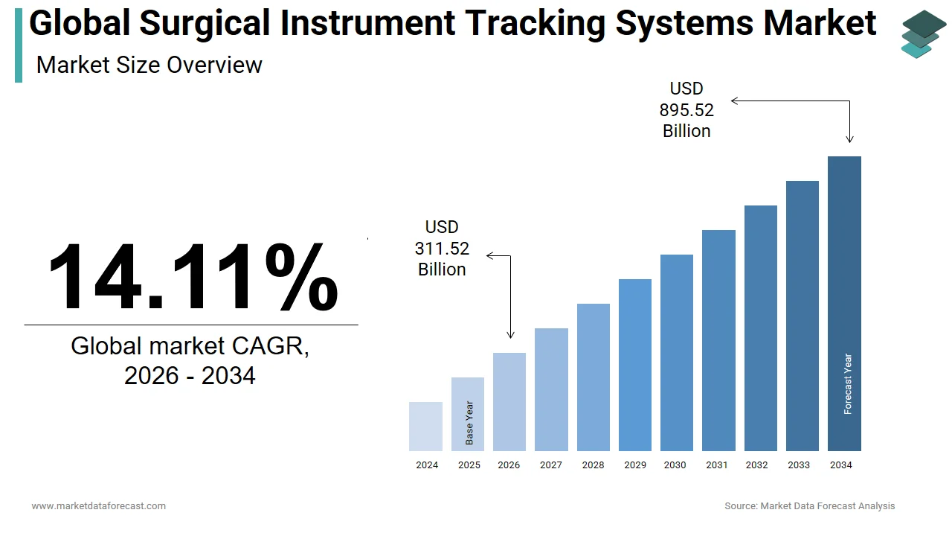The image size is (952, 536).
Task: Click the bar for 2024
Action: point(425,427)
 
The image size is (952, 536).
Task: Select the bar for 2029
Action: point(634,365)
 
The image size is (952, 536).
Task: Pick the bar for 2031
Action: point(718,340)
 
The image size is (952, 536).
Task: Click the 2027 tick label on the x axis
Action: point(551,465)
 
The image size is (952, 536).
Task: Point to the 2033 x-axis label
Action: point(799,465)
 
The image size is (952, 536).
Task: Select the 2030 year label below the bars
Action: point(675,465)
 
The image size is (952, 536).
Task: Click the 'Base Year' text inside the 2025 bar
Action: point(469,424)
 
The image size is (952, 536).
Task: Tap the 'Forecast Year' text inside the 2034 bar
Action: point(848,384)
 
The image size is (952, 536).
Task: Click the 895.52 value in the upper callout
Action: point(686,110)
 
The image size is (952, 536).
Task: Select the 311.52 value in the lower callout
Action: point(442,249)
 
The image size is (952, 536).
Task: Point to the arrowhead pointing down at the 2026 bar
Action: point(510,336)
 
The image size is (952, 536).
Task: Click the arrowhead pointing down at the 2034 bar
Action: point(849,139)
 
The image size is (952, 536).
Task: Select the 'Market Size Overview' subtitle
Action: point(149,65)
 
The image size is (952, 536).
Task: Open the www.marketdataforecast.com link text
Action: point(98,505)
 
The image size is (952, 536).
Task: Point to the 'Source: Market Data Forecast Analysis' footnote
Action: point(809,505)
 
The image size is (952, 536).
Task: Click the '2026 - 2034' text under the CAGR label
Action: point(190,375)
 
